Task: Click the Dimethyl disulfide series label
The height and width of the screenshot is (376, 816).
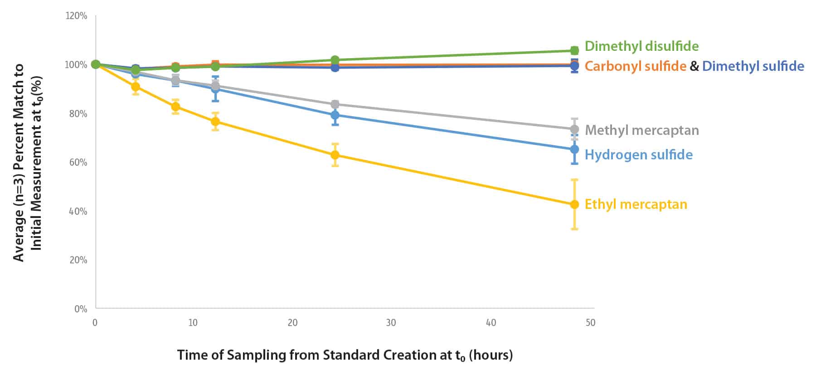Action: pyautogui.click(x=641, y=46)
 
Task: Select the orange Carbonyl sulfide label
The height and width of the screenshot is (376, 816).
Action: pyautogui.click(x=635, y=66)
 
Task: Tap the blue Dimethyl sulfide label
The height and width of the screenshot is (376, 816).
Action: pyautogui.click(x=753, y=66)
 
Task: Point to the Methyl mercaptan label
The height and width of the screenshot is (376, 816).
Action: pyautogui.click(x=642, y=130)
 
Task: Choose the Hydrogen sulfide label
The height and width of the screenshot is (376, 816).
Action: pyautogui.click(x=638, y=155)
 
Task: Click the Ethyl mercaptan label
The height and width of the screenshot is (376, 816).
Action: pyautogui.click(x=636, y=204)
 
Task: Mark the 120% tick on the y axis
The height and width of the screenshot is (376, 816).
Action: pyautogui.click(x=77, y=16)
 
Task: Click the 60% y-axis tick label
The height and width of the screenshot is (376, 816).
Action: pyautogui.click(x=78, y=163)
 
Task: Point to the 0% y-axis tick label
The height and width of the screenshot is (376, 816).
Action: pyautogui.click(x=81, y=309)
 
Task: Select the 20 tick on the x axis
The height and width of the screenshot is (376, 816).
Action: pyautogui.click(x=292, y=323)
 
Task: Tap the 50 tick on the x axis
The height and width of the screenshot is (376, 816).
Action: pyautogui.click(x=590, y=323)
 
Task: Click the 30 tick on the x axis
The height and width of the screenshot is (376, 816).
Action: pyautogui.click(x=391, y=323)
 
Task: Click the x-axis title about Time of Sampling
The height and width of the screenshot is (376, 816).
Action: pyautogui.click(x=345, y=355)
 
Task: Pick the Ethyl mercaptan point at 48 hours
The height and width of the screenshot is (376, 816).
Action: pyautogui.click(x=574, y=204)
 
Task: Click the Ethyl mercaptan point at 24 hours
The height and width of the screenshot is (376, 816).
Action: pyautogui.click(x=335, y=155)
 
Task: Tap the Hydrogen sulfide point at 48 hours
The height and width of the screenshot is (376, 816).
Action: pyautogui.click(x=574, y=149)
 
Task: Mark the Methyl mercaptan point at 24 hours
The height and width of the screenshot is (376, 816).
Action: pyautogui.click(x=335, y=104)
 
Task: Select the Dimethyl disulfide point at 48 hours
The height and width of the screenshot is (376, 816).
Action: pyautogui.click(x=574, y=50)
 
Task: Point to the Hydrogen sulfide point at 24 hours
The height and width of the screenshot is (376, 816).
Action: pyautogui.click(x=335, y=115)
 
